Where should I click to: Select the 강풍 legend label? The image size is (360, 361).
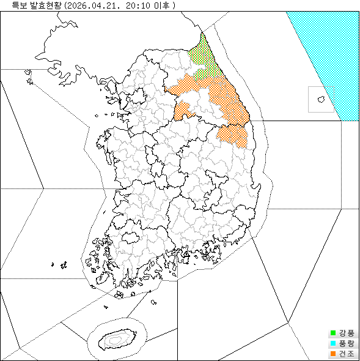(x=346, y=333)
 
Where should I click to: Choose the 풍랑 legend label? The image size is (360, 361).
(x=346, y=344)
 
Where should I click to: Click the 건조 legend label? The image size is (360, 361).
(x=346, y=354)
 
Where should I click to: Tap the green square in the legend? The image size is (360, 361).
(x=333, y=333)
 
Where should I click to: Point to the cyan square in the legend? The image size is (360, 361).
(x=333, y=344)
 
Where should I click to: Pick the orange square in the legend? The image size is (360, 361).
(x=333, y=354)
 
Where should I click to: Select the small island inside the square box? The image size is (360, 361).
(x=320, y=99)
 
